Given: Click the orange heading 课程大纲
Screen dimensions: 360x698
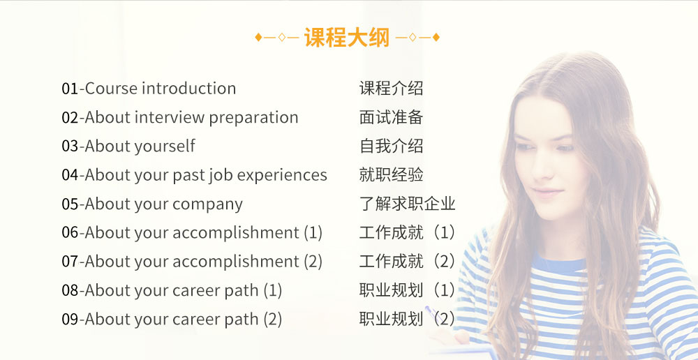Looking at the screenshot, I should tap(347, 37).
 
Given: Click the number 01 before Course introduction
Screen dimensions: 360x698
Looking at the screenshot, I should tap(70, 89).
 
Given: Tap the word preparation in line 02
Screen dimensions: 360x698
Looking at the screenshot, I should tap(253, 117).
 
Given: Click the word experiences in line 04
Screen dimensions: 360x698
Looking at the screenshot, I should tap(282, 175).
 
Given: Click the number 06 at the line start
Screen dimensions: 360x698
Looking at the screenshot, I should tap(70, 233).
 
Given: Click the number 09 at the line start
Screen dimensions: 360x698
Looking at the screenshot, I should tap(70, 320).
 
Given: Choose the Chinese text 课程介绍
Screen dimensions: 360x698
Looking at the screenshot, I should tap(391, 89).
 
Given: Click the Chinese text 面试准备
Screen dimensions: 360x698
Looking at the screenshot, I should tap(391, 117).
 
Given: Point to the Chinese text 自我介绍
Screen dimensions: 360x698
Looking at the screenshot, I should tap(391, 147).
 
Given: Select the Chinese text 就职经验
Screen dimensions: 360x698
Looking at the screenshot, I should tap(391, 175).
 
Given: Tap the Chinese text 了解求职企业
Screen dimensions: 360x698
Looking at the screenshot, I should tap(407, 204).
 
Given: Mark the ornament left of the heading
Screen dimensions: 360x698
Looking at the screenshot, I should tap(277, 37).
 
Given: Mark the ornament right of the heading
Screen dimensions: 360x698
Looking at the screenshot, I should tap(417, 37).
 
